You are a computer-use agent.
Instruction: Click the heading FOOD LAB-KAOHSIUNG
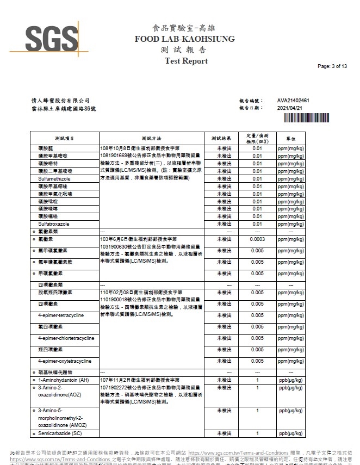point(185,39)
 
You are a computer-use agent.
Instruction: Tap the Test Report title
point(186,61)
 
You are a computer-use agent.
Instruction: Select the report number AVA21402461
point(293,101)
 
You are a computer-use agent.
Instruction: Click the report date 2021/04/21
point(289,108)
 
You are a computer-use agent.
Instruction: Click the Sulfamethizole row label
point(54,178)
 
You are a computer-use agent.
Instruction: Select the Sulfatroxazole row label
point(53,224)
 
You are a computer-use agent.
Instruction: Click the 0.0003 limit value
point(257,239)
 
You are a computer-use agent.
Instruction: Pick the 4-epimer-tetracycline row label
point(61,315)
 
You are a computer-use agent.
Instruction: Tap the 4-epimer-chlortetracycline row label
point(66,338)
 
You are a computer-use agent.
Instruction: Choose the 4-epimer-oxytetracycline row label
point(64,361)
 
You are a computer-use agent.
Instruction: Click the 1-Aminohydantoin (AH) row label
point(64,380)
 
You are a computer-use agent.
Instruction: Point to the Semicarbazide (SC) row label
point(60,433)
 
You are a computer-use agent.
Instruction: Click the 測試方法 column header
point(151,139)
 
